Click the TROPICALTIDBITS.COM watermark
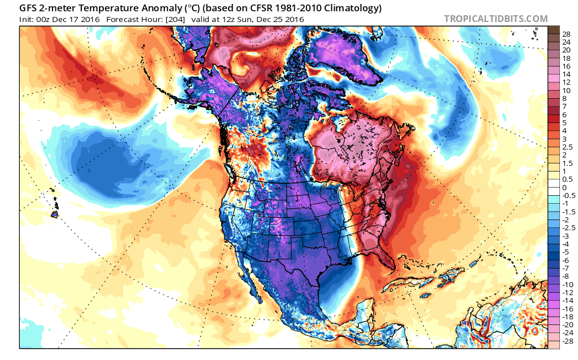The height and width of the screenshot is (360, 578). (x=496, y=19)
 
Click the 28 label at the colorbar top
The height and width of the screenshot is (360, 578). (x=566, y=34)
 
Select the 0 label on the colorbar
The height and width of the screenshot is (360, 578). (x=564, y=188)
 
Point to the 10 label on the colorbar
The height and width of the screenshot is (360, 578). (x=566, y=90)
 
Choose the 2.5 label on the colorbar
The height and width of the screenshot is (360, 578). (x=567, y=147)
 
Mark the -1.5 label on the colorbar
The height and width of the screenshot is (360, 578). (x=568, y=212)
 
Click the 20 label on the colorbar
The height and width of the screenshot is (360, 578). (x=566, y=50)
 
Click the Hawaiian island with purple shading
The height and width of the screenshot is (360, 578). (x=55, y=214)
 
